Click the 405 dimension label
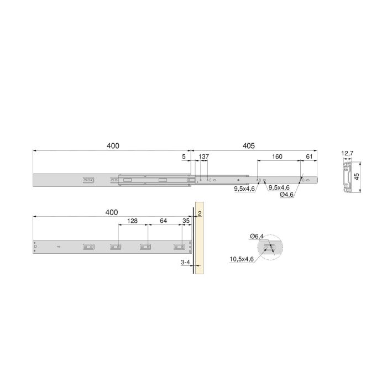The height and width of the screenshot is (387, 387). point(248,146)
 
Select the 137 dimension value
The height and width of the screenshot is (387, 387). point(204,157)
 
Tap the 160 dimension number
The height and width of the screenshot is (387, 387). point(277,157)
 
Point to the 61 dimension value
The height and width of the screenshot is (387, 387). point(309,157)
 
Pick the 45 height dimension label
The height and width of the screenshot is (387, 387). point(357,176)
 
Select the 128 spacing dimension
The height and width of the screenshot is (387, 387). point(133,221)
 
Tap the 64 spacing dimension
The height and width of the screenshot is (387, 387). point(163,221)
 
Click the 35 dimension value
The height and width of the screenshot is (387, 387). point(186,221)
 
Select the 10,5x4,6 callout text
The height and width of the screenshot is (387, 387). point(242,258)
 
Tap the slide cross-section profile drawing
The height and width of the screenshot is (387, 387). point(347,176)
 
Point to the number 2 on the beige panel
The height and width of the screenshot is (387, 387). point(200,213)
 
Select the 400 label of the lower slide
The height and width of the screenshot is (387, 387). point(112,212)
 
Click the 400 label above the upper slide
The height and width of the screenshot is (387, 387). point(113,146)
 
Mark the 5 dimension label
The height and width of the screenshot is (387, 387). point(184,157)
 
